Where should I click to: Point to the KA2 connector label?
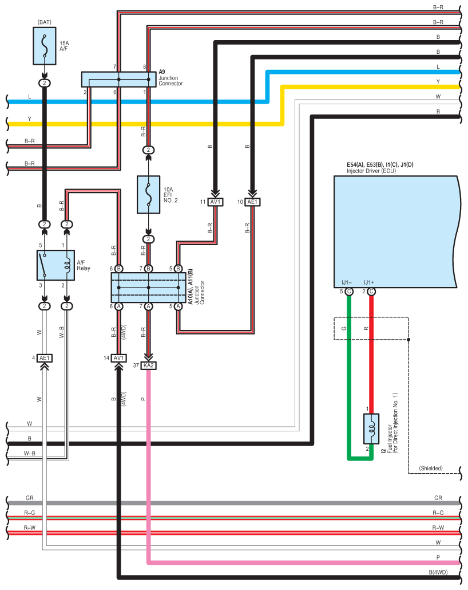(148, 365)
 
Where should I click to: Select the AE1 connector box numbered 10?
(252, 202)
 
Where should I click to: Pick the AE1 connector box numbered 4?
(45, 359)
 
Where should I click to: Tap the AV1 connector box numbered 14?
(118, 358)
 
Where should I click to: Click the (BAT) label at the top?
(45, 22)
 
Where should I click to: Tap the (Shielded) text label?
(431, 468)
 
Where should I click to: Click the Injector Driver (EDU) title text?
(371, 171)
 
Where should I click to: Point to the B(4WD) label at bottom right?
(438, 572)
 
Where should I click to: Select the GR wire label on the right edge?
(438, 498)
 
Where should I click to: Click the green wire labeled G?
(348, 372)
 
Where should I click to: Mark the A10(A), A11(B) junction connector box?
(148, 287)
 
